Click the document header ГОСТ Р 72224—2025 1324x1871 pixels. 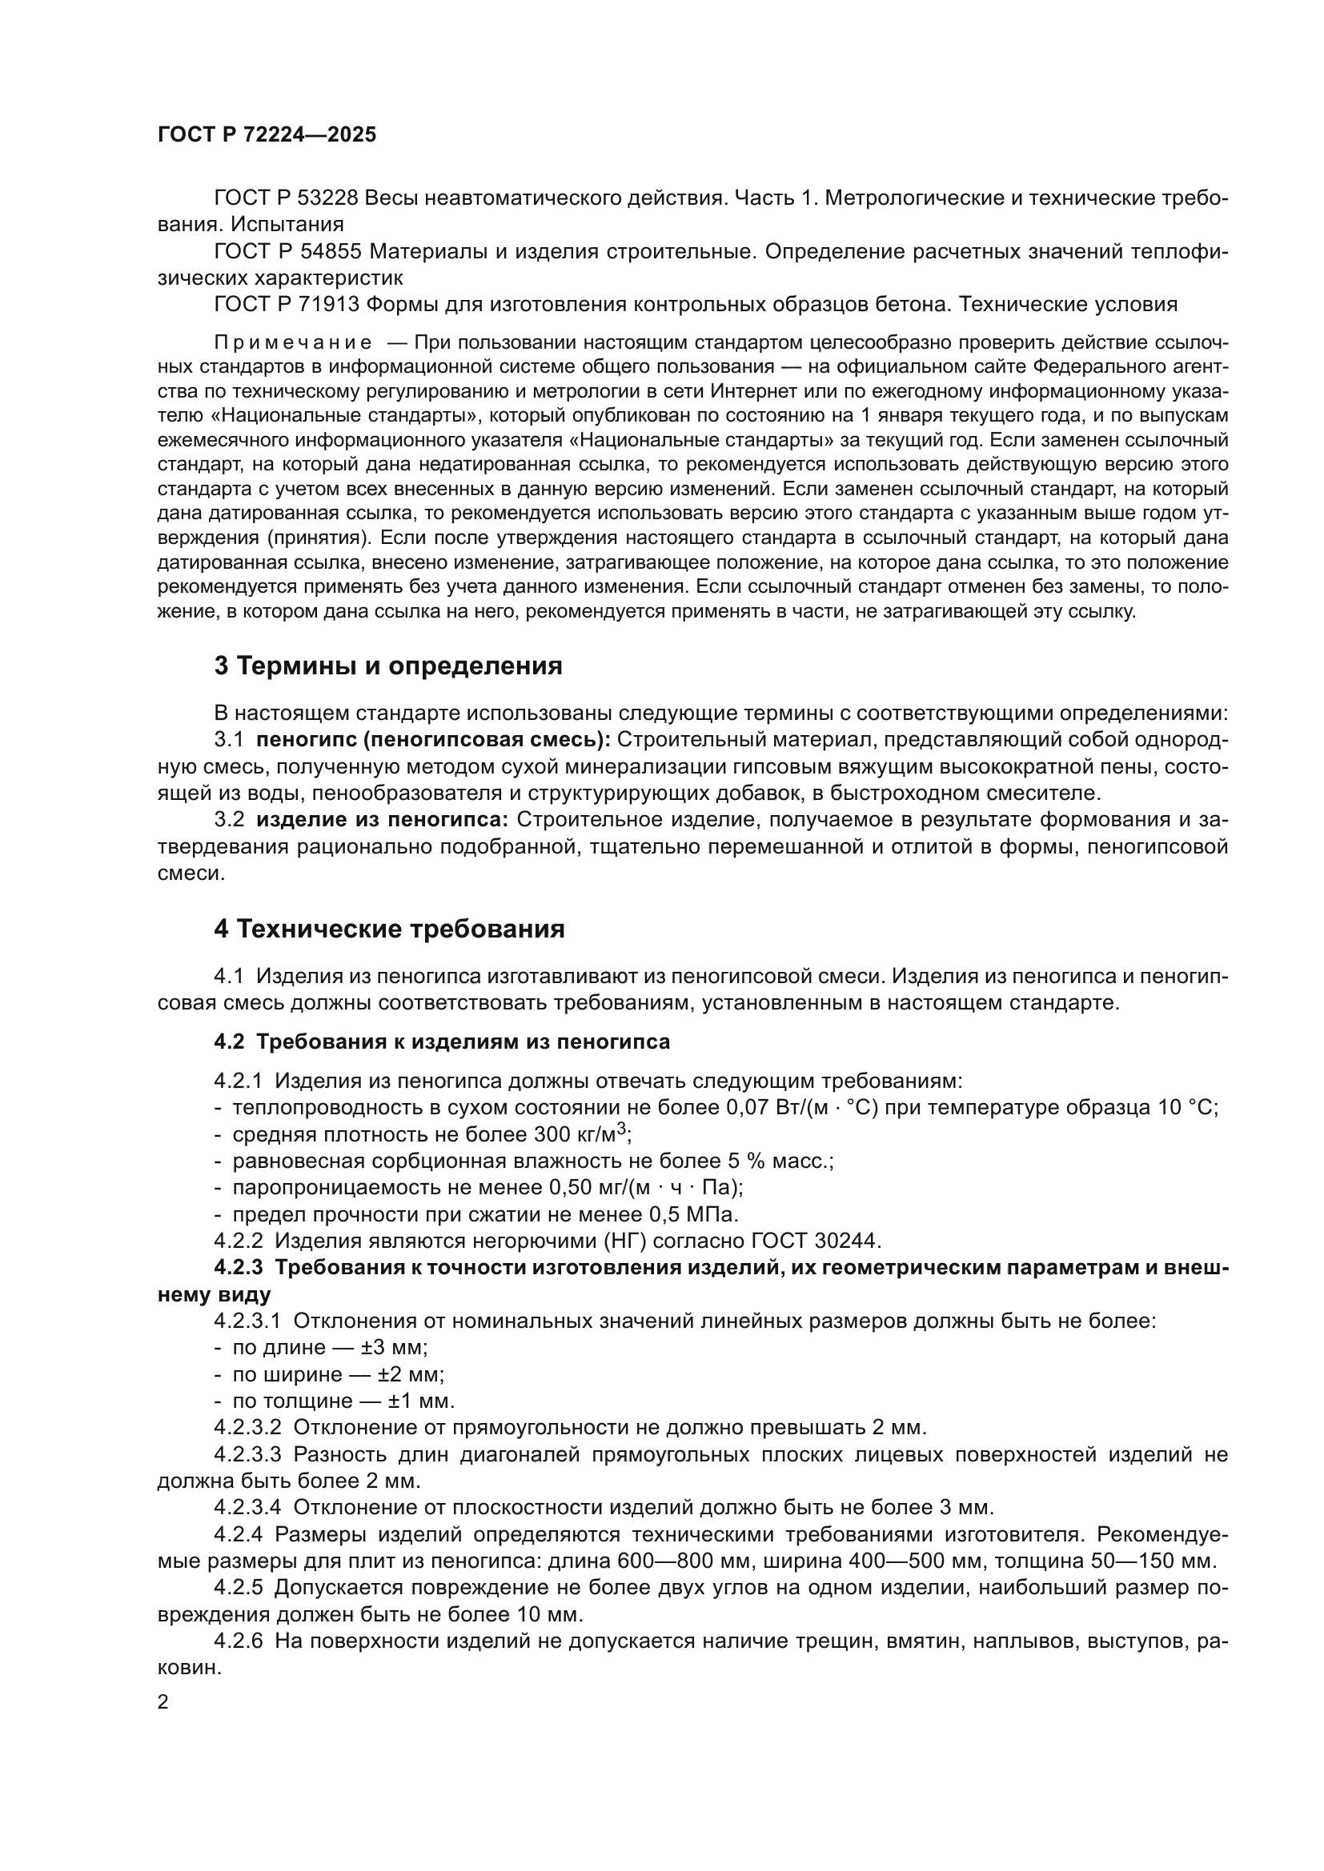point(267,134)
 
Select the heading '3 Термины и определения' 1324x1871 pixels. point(388,666)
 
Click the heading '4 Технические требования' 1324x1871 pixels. point(389,929)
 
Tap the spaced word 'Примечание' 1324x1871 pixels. point(293,342)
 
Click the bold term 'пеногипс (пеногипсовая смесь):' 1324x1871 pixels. point(434,740)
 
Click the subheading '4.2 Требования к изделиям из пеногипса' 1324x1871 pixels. point(442,1041)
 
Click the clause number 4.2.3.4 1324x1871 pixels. point(247,1507)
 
